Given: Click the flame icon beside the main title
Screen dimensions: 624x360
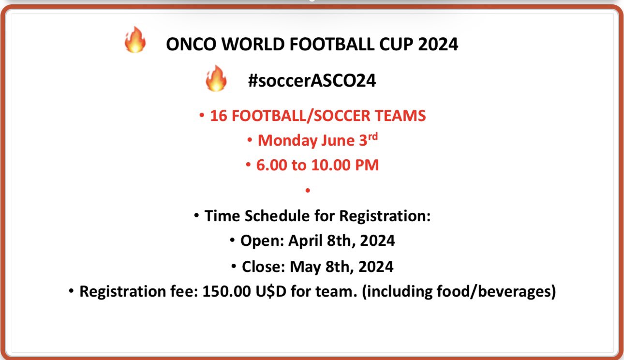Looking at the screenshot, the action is pos(135,40).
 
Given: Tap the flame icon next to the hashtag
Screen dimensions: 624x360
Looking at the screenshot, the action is pos(216,78).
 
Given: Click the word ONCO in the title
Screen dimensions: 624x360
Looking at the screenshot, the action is pos(191,45).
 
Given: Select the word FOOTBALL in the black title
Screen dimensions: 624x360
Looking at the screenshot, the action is pos(332,45).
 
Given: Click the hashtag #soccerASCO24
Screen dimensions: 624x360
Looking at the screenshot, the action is pos(312,80).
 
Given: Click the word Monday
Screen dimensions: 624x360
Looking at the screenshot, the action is pos(287,140).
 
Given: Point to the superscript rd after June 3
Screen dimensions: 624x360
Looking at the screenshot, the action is pos(373,136).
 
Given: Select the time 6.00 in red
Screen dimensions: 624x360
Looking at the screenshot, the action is pos(271,165).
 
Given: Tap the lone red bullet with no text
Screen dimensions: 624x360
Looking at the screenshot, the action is pos(308,191).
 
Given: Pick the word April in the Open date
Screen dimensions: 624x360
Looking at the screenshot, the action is pos(305,241).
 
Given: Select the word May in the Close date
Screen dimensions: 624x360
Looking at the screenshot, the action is pos(305,267).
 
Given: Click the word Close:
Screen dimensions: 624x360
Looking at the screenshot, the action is pos(264,267).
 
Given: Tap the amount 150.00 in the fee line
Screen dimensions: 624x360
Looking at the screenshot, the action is pos(226,291).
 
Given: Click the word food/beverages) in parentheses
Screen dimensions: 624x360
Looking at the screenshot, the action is pos(496,292).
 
